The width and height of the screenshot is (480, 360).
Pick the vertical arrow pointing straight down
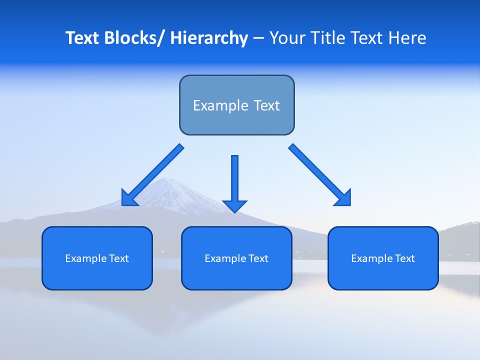(234, 180)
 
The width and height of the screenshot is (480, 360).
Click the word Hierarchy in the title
(209, 38)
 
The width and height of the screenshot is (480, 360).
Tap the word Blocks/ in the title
(134, 38)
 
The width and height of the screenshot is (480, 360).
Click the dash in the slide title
(258, 38)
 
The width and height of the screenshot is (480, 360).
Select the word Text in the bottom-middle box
(258, 258)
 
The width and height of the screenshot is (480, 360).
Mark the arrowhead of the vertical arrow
(234, 205)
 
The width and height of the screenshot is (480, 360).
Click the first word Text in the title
(82, 38)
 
